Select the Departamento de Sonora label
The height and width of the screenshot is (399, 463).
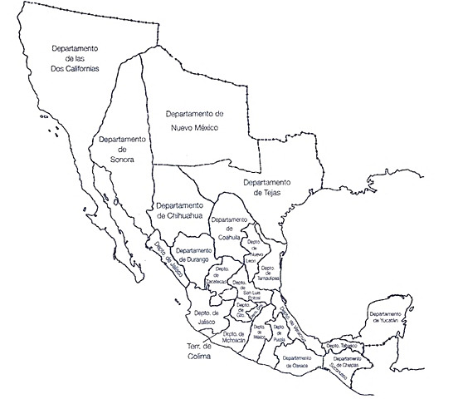coord(121,149)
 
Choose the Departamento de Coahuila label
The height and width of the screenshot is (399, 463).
coord(229,228)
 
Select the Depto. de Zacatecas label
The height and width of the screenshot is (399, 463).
coord(222,276)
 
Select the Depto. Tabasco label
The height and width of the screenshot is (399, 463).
coord(343,345)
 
